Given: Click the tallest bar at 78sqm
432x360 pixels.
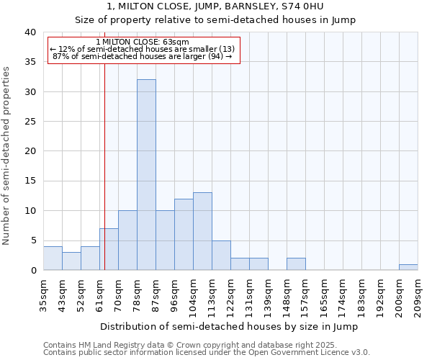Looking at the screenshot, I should pos(146,175).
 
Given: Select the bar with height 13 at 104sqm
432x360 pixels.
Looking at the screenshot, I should pos(202,231).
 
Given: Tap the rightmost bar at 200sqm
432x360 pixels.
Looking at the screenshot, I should pos(408,267).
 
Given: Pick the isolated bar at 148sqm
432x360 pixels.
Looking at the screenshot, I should pos(296,264).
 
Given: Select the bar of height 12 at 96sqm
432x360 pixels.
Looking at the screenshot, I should pos(184,235).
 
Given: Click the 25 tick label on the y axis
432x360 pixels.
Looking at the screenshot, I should pos(30,122).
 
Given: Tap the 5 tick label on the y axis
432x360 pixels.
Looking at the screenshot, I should pos(32,240).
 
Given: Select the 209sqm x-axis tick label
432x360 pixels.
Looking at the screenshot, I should pos(418,297).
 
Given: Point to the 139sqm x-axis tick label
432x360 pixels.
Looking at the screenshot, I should pos(268,297).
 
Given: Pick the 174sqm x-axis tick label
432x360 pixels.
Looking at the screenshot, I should pos(343,297).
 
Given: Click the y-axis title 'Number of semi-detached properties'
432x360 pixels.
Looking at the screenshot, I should pos(7,155).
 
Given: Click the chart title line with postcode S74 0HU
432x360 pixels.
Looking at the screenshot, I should pos(215,6).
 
